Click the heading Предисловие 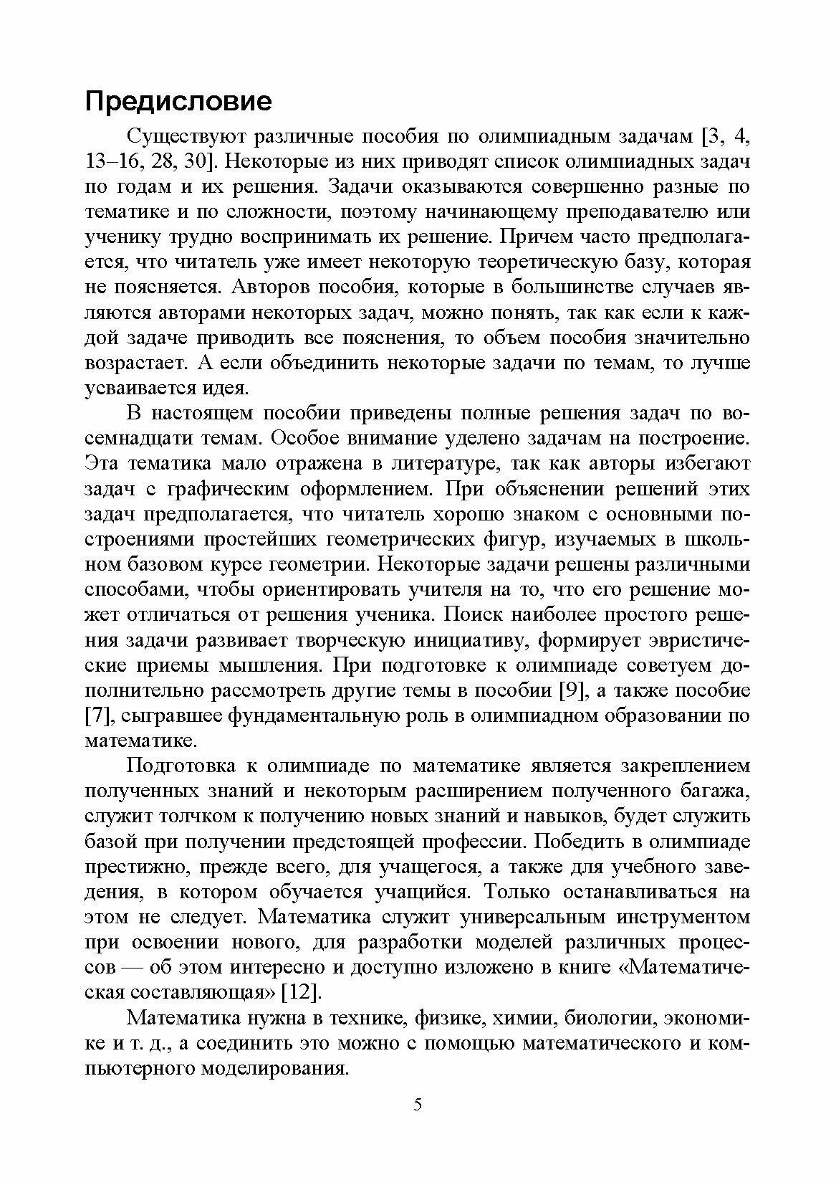[178, 101]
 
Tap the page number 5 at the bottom [418, 1124]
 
